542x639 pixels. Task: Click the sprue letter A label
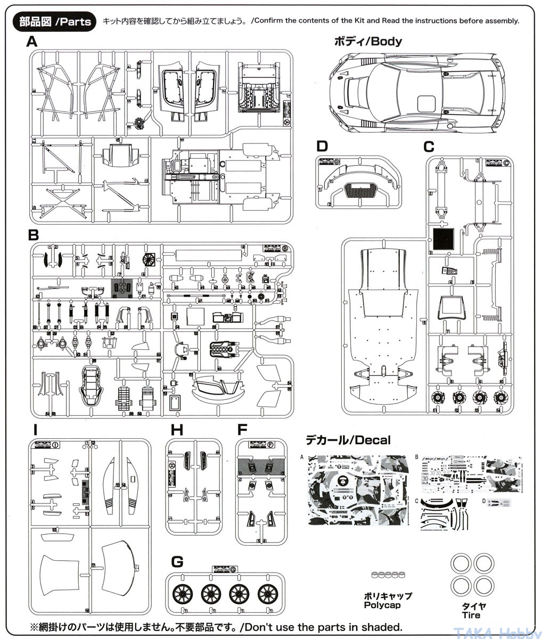coord(32,42)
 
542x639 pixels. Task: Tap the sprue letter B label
coord(34,235)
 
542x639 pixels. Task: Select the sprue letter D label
coord(322,146)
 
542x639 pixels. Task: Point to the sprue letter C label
coord(429,146)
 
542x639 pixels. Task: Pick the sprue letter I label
coord(35,429)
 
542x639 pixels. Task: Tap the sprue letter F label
coord(242,429)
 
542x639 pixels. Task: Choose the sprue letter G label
coord(177,561)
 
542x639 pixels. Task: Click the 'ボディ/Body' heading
coord(367,41)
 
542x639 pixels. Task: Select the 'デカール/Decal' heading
coord(348,440)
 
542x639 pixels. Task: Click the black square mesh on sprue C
coord(444,239)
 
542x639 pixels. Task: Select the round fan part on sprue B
coord(149,257)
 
